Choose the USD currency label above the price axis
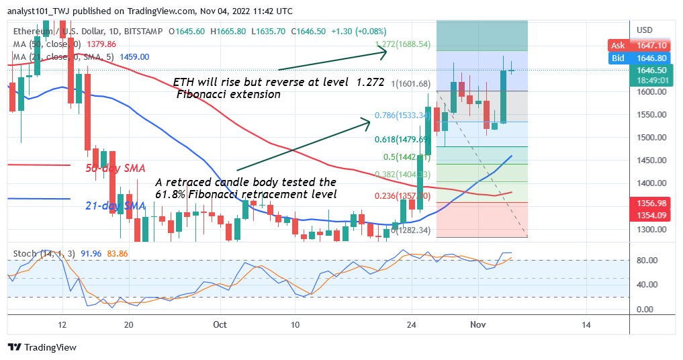(x=644, y=30)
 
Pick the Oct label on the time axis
(x=219, y=324)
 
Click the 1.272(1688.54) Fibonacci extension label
(x=402, y=45)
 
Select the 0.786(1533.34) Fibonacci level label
(x=400, y=115)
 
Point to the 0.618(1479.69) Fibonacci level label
(x=400, y=140)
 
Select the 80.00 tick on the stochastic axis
(x=647, y=260)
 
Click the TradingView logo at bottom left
(x=42, y=347)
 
